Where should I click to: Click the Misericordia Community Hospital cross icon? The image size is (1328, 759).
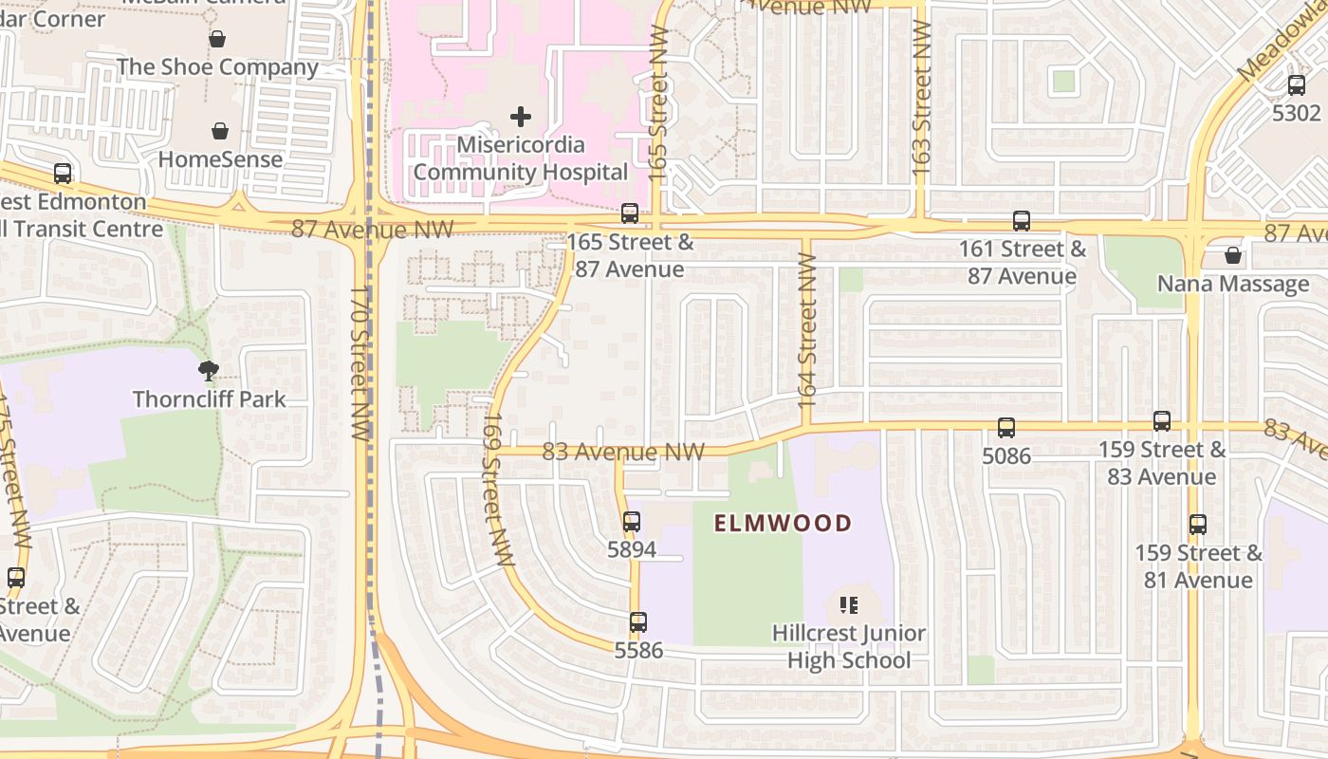pyautogui.click(x=520, y=117)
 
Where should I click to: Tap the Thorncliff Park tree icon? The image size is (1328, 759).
pyautogui.click(x=209, y=370)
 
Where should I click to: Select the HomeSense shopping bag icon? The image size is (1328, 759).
pyautogui.click(x=220, y=131)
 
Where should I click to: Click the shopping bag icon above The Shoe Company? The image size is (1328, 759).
pyautogui.click(x=217, y=39)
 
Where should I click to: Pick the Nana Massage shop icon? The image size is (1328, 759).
pyautogui.click(x=1232, y=255)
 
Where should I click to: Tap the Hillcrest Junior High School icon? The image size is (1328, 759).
pyautogui.click(x=849, y=604)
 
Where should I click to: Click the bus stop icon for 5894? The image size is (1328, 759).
pyautogui.click(x=632, y=521)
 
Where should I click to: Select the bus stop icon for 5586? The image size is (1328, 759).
pyautogui.click(x=638, y=622)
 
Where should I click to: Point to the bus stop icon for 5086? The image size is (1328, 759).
pyautogui.click(x=1005, y=428)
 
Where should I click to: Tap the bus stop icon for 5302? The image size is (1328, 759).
pyautogui.click(x=1297, y=84)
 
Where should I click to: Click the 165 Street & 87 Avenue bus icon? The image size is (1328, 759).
pyautogui.click(x=630, y=213)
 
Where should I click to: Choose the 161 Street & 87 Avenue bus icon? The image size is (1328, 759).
pyautogui.click(x=1022, y=221)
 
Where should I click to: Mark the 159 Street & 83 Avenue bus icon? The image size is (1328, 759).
pyautogui.click(x=1162, y=421)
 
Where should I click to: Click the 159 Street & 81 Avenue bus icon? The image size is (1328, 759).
pyautogui.click(x=1198, y=524)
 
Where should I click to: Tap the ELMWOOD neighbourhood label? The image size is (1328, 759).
pyautogui.click(x=783, y=523)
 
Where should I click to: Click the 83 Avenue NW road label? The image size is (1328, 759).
pyautogui.click(x=623, y=452)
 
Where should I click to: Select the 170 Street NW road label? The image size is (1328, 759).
pyautogui.click(x=359, y=363)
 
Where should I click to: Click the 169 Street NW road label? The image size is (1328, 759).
pyautogui.click(x=493, y=489)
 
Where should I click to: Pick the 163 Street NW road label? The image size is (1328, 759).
pyautogui.click(x=921, y=97)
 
